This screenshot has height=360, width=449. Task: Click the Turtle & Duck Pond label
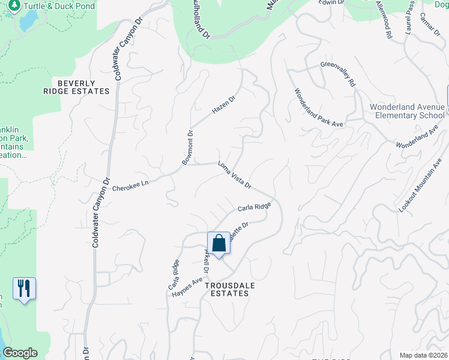[60, 5]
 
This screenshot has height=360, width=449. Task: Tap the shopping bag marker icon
[219, 244]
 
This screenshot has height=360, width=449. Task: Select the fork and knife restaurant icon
[24, 289]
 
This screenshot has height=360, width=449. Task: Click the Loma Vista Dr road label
[234, 174]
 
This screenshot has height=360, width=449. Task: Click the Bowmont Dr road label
[186, 148]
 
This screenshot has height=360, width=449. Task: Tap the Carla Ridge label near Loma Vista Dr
[255, 207]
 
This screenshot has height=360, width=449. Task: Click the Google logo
[20, 353]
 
